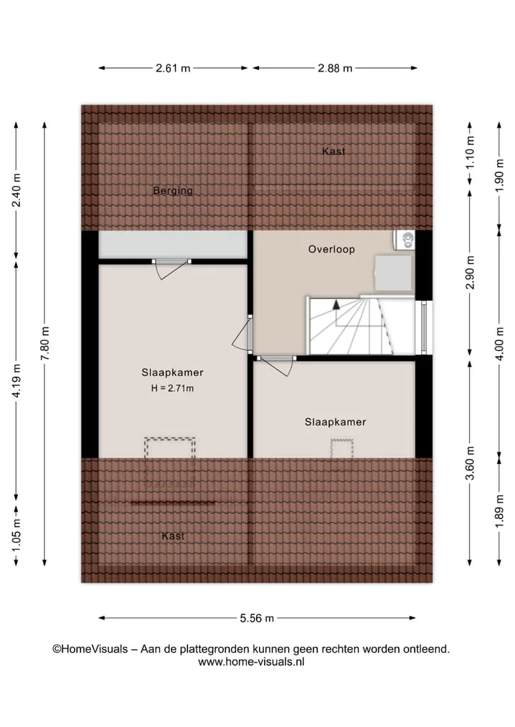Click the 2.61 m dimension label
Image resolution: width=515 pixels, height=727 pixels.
[173, 68]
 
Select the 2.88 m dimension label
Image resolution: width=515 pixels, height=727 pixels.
[335, 68]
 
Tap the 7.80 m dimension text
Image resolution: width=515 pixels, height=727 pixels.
[45, 344]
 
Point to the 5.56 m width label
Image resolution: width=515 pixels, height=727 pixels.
[257, 618]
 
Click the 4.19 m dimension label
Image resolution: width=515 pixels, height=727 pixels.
[16, 380]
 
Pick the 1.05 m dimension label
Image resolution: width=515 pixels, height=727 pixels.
[16, 535]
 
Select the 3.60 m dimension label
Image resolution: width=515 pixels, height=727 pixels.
[470, 463]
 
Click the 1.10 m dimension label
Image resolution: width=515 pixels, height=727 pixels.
[470, 152]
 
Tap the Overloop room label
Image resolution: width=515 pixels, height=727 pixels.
[332, 249]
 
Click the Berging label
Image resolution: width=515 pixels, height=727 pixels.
[173, 191]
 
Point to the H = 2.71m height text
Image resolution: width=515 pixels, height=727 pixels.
[172, 389]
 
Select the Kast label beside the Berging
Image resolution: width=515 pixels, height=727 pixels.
[333, 151]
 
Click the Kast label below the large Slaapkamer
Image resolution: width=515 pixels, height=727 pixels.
[173, 536]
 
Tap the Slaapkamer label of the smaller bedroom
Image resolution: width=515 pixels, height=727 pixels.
[335, 422]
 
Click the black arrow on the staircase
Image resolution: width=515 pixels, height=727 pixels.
[336, 305]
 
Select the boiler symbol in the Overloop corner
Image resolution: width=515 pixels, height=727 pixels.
[404, 240]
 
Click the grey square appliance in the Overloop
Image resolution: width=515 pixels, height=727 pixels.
[393, 273]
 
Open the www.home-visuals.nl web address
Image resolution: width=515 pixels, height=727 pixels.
[251, 662]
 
